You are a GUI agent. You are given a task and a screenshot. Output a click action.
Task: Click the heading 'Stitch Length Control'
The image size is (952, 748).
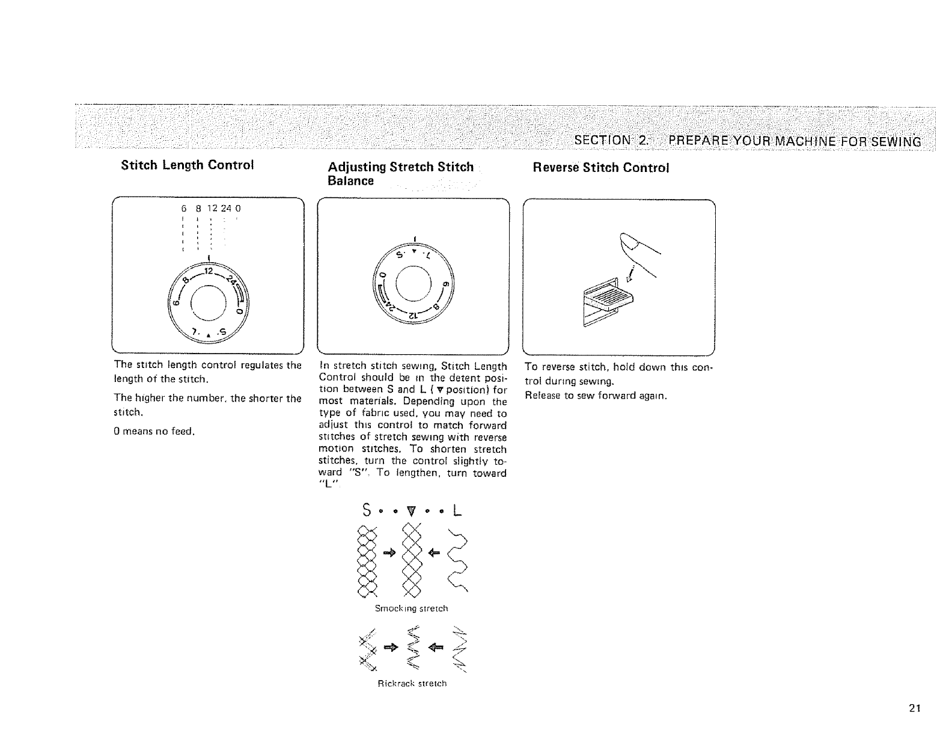point(188,165)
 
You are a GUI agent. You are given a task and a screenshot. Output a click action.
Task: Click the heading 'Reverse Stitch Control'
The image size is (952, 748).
point(600,167)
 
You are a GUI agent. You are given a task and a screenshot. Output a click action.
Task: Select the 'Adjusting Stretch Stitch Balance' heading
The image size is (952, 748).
point(400,173)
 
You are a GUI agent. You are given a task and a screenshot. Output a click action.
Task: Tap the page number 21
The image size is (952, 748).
point(915,708)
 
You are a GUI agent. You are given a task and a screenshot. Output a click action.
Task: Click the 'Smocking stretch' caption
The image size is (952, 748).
point(412,609)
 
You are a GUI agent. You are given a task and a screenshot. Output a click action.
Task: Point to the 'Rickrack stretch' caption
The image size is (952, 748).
point(412,684)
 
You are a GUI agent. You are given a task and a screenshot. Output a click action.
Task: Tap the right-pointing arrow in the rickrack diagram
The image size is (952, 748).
point(391,647)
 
